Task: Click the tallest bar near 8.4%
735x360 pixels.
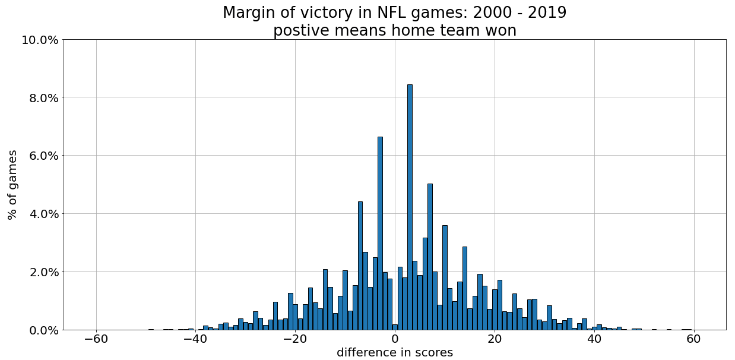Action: coord(410,208)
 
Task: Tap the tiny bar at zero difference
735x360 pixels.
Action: coord(395,327)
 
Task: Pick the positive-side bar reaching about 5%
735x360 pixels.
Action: coord(430,257)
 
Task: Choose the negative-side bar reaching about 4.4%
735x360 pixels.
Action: coord(360,266)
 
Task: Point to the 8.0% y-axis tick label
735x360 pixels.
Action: coord(43,98)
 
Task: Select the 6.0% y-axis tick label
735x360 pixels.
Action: coord(43,156)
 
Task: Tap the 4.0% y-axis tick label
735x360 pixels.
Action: coord(43,214)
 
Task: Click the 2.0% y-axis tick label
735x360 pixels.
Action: coord(43,272)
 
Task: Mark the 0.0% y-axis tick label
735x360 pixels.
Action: coord(43,330)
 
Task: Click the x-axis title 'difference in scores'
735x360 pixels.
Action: coord(395,353)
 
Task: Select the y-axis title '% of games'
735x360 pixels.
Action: coord(12,185)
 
